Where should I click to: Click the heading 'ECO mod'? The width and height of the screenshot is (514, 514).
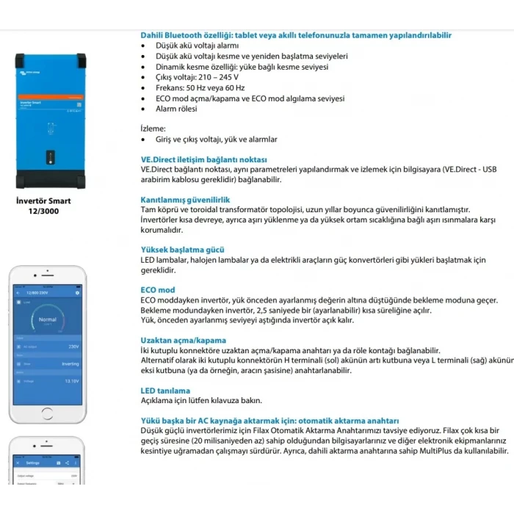tap(157, 290)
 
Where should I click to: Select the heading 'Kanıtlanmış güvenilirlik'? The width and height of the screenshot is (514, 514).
tap(185, 199)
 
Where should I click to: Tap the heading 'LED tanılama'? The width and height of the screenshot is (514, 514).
tap(164, 391)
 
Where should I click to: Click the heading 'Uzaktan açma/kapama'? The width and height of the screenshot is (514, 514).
tap(183, 341)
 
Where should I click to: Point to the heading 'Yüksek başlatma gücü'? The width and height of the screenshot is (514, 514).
tap(182, 250)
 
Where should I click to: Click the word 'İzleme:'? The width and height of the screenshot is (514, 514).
tap(153, 128)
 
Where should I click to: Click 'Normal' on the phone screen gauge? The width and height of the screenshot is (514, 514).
tap(46, 319)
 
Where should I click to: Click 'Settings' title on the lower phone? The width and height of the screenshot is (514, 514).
tap(32, 463)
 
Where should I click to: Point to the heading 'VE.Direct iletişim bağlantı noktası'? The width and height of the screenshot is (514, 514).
tap(203, 159)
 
